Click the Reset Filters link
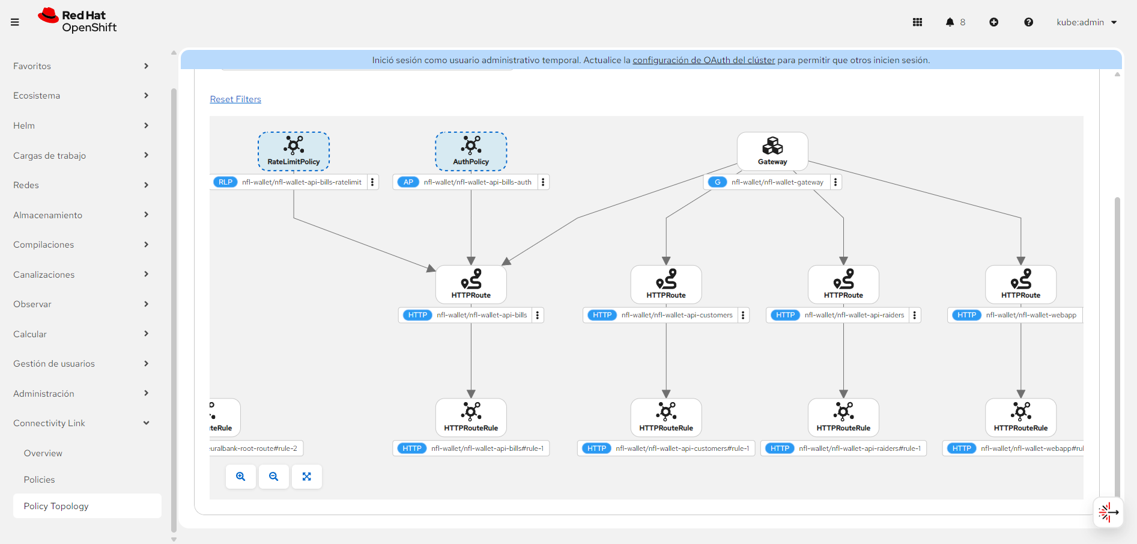[x=235, y=99]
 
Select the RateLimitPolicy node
[x=294, y=151]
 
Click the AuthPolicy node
[x=471, y=151]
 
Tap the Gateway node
[x=772, y=151]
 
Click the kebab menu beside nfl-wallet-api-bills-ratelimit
[x=372, y=182]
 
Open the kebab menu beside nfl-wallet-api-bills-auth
[x=543, y=182]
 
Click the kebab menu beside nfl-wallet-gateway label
[x=835, y=182]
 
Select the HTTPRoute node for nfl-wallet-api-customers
[x=666, y=284]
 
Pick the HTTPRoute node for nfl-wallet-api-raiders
[x=843, y=284]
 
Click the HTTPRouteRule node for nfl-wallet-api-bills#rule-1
[x=471, y=417]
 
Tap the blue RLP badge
[x=226, y=182]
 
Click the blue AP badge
[x=408, y=182]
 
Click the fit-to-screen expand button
[x=307, y=477]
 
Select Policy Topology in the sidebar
[x=56, y=506]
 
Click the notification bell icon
[x=950, y=22]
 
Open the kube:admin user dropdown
[x=1087, y=22]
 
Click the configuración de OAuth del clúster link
[x=703, y=60]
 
